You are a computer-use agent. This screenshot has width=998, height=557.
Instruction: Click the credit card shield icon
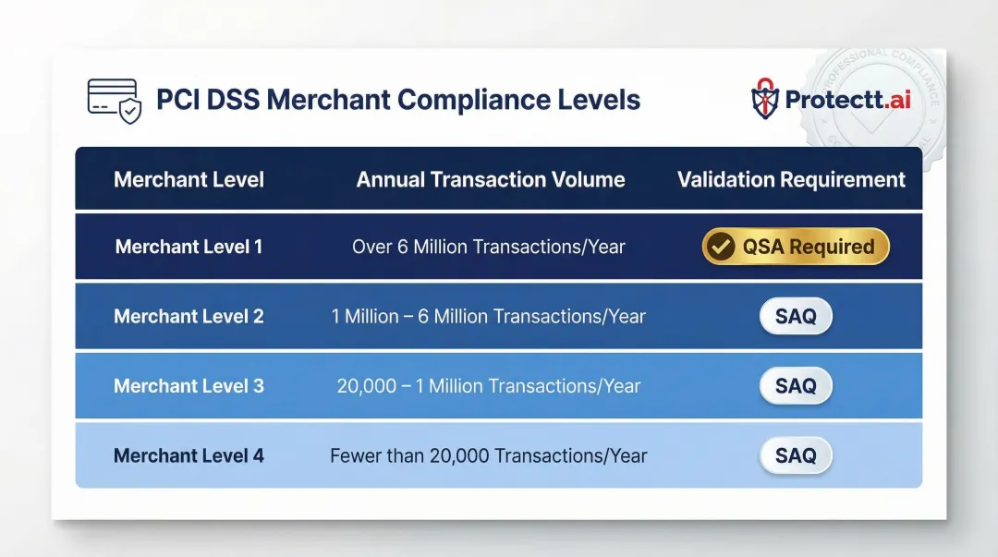point(114,100)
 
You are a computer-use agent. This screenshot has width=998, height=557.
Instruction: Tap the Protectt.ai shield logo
point(765,100)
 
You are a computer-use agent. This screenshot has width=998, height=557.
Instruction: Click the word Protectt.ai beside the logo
point(847,100)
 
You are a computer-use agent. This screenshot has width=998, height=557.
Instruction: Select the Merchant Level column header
point(189,179)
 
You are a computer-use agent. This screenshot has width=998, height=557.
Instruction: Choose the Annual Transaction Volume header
point(491,179)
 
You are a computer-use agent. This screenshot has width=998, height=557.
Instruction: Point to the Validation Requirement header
point(791,179)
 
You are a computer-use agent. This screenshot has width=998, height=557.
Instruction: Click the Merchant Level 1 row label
point(189,247)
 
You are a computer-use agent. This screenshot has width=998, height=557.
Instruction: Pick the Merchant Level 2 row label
point(189,316)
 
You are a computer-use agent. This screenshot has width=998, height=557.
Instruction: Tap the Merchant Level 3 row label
point(189,386)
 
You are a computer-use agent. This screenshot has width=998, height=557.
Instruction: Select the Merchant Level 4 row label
point(189,455)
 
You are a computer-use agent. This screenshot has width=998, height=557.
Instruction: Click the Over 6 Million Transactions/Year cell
point(489,247)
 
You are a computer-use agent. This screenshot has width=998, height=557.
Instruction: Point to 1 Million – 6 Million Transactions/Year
point(489,316)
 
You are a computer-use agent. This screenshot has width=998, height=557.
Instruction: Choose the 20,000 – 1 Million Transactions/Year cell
point(489,386)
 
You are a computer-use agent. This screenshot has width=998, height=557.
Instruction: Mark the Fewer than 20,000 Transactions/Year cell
point(489,455)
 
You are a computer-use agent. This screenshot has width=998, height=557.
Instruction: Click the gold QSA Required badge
point(796,247)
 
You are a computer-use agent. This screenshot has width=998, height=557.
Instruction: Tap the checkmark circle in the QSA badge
point(721,247)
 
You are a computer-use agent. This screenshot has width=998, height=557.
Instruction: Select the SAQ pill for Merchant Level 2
point(796,316)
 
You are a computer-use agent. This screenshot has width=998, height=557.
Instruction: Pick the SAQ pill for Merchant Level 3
point(796,386)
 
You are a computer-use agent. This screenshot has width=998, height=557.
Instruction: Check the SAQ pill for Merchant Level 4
point(796,455)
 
